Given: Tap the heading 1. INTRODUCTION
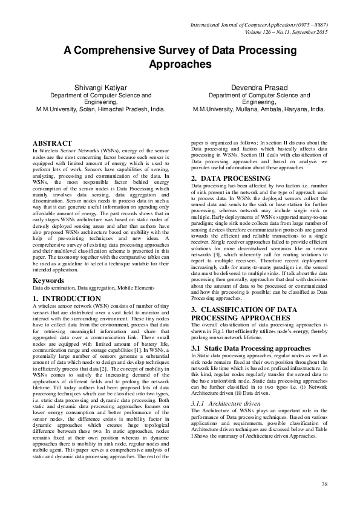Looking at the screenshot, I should [x=67, y=299].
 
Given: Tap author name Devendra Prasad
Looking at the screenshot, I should [x=259, y=88].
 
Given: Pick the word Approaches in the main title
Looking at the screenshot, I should [x=180, y=64].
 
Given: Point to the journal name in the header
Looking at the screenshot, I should [x=259, y=24].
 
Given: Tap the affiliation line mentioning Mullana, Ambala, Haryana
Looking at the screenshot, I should [x=259, y=110].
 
